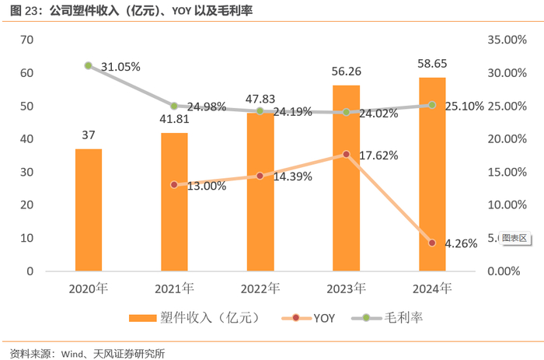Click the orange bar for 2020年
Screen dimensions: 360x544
click(x=89, y=210)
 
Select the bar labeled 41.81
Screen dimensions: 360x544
click(x=174, y=202)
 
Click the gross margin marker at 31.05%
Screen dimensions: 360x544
click(x=89, y=66)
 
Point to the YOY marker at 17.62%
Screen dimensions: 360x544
click(x=346, y=155)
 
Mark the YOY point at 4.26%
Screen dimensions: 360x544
click(x=432, y=243)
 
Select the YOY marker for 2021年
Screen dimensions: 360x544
click(x=174, y=185)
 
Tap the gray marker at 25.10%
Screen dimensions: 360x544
click(x=432, y=105)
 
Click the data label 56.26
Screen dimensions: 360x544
click(x=346, y=72)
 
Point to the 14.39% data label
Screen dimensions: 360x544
click(x=291, y=177)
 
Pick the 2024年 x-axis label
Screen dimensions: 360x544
click(x=432, y=288)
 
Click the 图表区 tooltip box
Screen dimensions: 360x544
click(x=514, y=238)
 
